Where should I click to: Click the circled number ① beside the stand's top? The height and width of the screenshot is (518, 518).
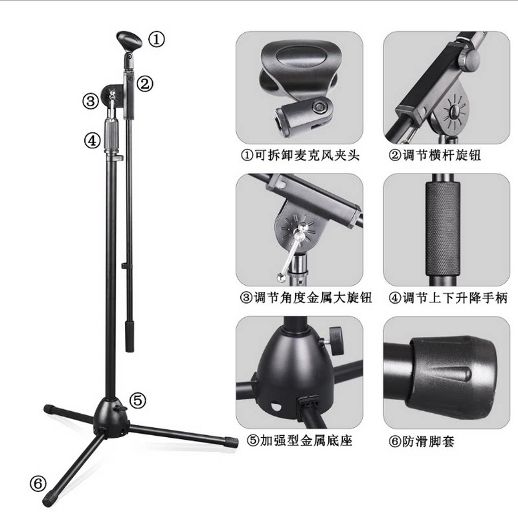[x=156, y=39]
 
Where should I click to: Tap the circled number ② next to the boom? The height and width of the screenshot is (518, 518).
[x=145, y=84]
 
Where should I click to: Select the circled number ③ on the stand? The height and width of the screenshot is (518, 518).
[x=91, y=101]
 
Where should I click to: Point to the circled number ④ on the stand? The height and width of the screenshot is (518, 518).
[x=92, y=141]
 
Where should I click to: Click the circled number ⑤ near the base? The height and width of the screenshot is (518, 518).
[x=137, y=400]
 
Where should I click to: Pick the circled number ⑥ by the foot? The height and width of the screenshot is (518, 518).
[x=38, y=484]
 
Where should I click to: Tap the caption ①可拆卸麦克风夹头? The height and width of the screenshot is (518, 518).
[x=300, y=155]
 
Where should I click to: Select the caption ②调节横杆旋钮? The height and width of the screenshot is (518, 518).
[x=434, y=155]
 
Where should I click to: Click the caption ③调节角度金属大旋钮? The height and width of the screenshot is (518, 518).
[x=306, y=298]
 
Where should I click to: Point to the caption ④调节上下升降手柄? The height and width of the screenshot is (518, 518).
[x=448, y=298]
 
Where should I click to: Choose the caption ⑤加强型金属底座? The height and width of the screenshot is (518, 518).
[x=300, y=440]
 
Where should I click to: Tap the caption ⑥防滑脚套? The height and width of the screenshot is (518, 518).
[x=422, y=441]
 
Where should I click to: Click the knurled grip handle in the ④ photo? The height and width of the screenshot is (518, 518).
[x=443, y=229]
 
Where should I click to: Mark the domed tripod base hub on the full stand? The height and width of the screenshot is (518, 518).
[x=110, y=418]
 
